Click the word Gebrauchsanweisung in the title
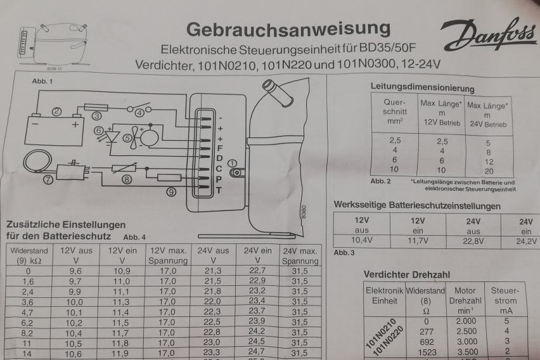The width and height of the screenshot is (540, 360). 288,29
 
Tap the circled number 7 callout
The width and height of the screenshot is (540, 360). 48,179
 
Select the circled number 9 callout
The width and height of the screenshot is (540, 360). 170,192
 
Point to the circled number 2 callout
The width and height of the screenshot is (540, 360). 56,112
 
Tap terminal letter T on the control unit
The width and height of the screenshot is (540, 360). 219,190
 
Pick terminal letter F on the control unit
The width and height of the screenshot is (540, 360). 219,148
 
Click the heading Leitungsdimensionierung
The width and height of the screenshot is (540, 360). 421,89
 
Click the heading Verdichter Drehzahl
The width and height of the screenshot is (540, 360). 406,274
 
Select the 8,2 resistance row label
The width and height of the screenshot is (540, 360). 27,331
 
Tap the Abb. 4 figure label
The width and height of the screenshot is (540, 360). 134,237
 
